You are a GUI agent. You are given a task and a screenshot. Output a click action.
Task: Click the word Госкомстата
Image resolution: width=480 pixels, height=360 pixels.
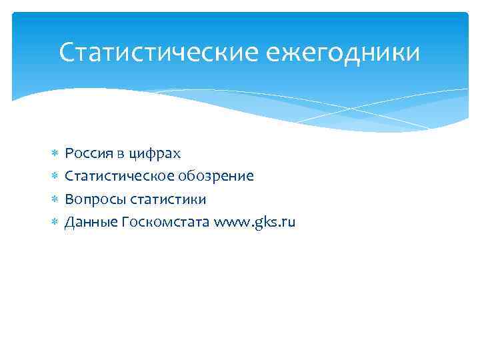click(166, 222)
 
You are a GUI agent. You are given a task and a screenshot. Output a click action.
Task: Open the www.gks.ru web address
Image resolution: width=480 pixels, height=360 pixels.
click(255, 222)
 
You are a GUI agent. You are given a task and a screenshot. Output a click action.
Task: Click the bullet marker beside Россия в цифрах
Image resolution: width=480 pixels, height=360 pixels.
click(54, 154)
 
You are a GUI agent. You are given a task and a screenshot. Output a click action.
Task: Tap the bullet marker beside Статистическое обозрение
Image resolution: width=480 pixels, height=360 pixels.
click(54, 177)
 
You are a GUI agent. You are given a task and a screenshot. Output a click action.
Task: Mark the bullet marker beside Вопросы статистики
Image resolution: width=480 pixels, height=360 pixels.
click(54, 199)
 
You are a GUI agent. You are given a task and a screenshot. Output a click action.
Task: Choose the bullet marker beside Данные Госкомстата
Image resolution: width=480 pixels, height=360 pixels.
click(54, 222)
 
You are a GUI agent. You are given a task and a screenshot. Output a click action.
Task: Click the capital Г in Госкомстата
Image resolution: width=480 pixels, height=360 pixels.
click(125, 221)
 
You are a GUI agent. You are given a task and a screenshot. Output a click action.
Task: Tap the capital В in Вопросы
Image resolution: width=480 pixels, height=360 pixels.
click(69, 199)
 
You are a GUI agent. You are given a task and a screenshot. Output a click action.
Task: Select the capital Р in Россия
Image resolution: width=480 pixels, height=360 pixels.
click(69, 154)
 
